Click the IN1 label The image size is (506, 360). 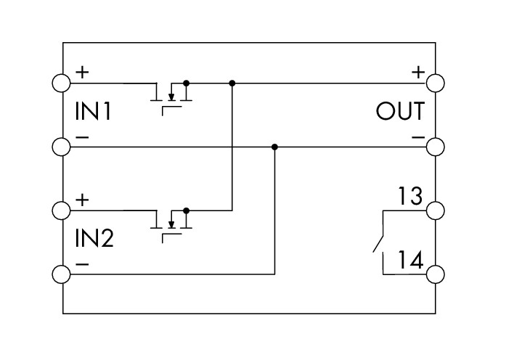[93, 111]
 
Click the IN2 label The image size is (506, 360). [94, 238]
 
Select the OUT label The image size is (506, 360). [400, 111]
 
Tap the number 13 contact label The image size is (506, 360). [410, 195]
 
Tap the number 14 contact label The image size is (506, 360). [410, 260]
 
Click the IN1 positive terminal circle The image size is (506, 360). [61, 83]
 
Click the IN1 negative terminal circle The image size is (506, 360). [61, 147]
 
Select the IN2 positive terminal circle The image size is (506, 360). [61, 210]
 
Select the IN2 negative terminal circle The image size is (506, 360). [61, 274]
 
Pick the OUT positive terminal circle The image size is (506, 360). [436, 83]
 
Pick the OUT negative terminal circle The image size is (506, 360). [436, 147]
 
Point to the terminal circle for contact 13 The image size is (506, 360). [436, 210]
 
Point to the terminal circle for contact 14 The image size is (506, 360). [436, 274]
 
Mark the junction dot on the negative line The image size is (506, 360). [274, 147]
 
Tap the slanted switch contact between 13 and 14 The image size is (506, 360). [378, 244]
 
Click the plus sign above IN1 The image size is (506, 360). [82, 72]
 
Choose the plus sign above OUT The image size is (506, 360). [418, 72]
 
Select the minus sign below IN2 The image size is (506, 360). [82, 264]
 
